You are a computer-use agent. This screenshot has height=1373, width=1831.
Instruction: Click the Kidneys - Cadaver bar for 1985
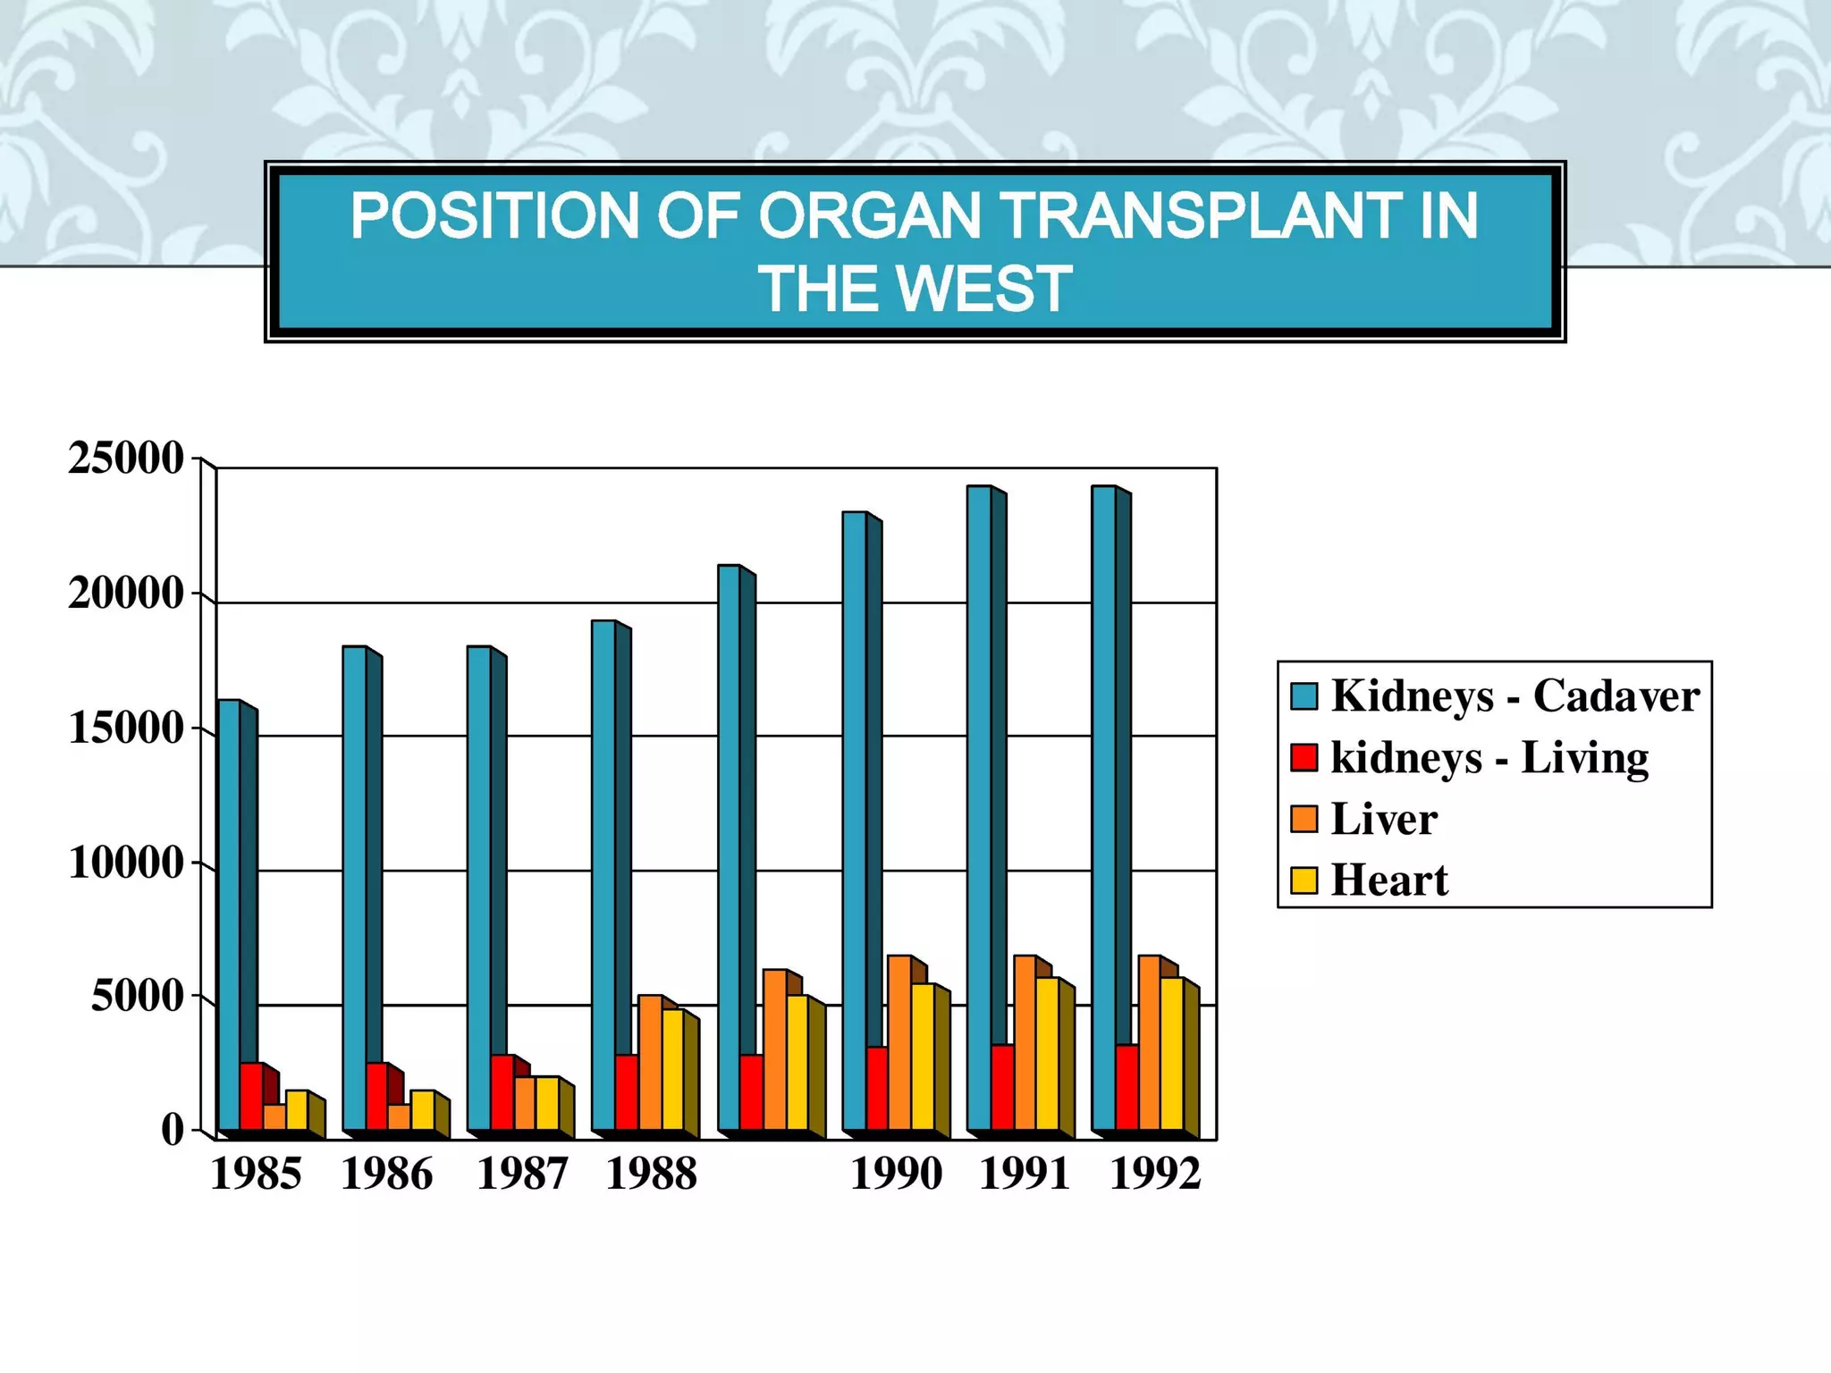tap(229, 912)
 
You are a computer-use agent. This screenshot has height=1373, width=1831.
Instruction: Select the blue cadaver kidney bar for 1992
tap(1103, 804)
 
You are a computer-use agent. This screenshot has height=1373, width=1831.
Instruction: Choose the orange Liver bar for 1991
tap(1025, 1042)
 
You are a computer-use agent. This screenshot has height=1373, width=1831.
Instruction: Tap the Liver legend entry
tap(1383, 819)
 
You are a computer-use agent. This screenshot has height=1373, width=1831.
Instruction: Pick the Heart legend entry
tap(1388, 880)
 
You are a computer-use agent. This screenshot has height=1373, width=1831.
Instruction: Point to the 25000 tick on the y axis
tap(125, 459)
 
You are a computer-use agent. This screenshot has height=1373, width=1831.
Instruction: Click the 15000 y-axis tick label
tap(125, 729)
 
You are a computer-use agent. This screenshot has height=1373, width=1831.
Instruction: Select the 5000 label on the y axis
tap(137, 997)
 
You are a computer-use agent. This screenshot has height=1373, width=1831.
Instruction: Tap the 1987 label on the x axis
tap(522, 1174)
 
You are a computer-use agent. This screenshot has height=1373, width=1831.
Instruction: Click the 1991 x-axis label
tap(1025, 1174)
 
